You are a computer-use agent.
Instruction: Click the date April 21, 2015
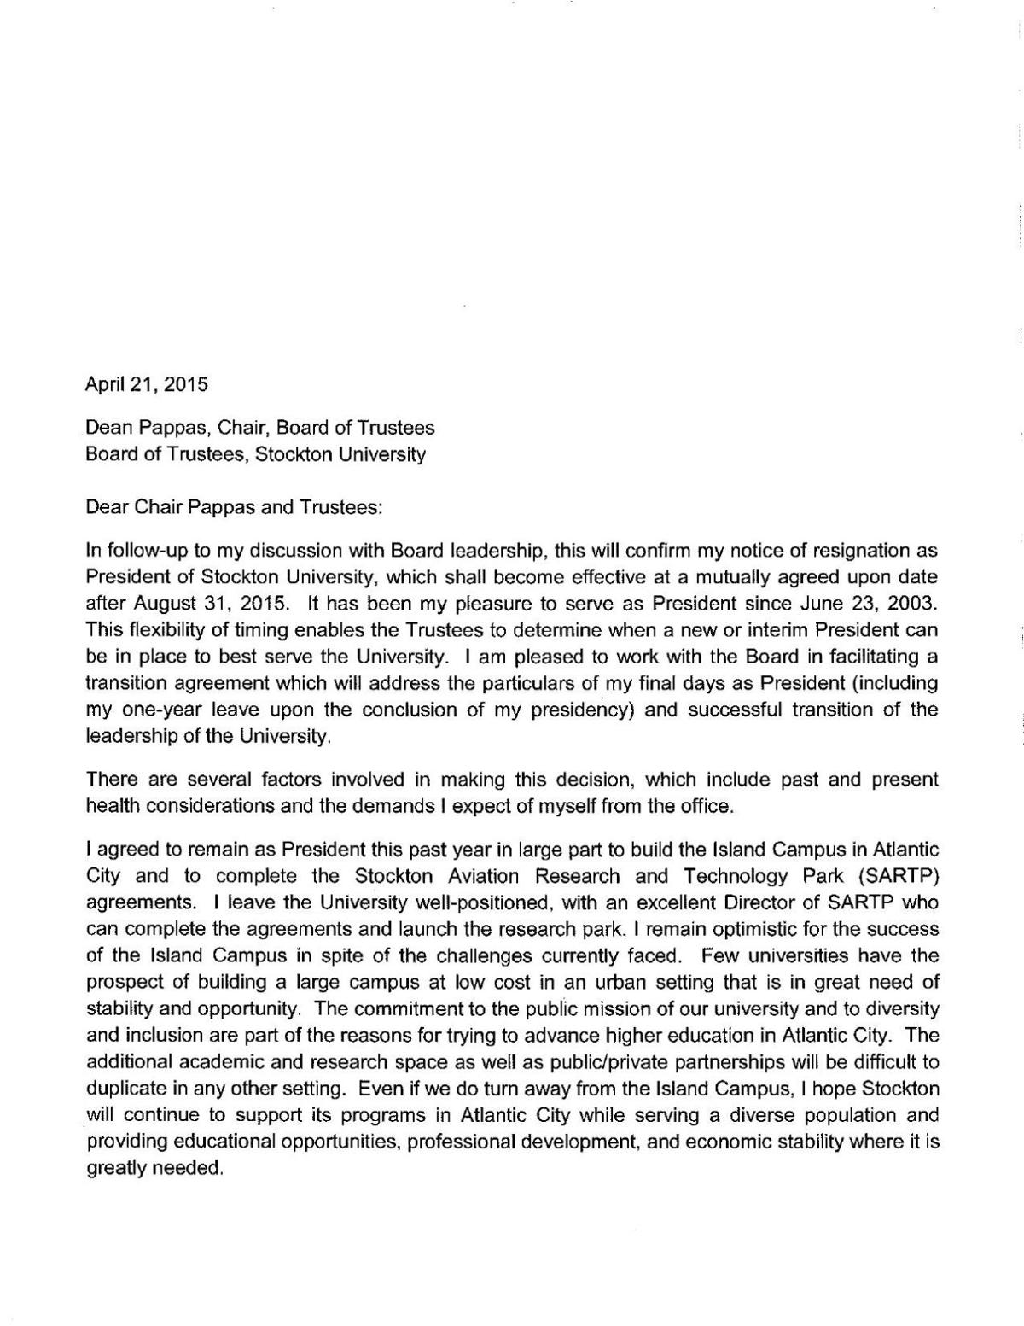(x=147, y=384)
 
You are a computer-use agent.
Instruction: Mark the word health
(x=110, y=805)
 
